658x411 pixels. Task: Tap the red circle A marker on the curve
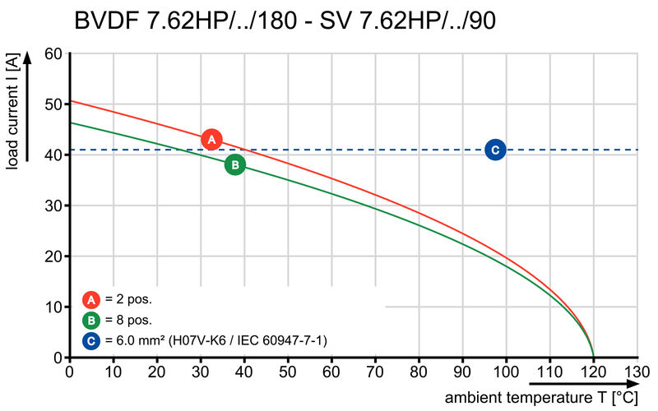tap(211, 140)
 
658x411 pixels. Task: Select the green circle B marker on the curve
tap(234, 164)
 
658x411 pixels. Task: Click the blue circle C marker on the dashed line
tap(494, 150)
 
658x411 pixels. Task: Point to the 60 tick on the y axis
tap(53, 53)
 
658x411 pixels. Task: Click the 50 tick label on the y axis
tap(53, 104)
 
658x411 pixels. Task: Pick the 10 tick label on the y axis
tap(53, 307)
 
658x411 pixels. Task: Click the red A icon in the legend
tap(91, 299)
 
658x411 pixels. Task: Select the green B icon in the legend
tap(91, 320)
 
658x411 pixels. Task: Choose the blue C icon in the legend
tap(91, 339)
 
